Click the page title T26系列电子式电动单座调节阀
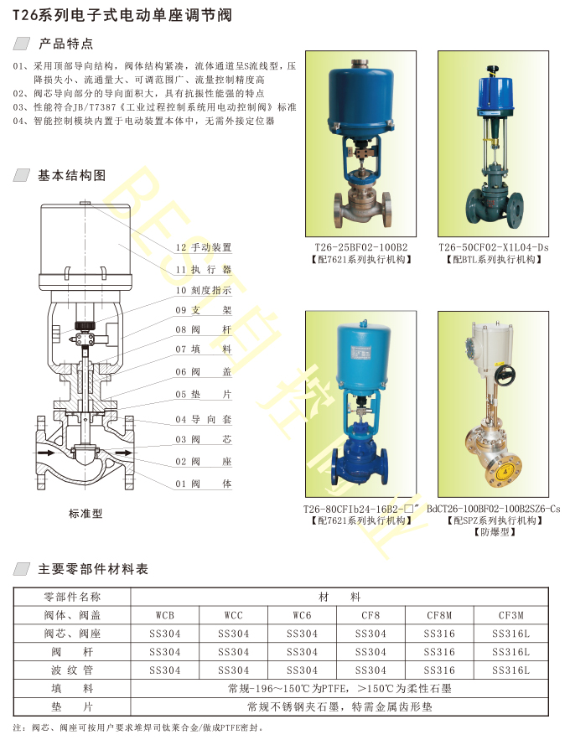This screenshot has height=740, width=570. (x=122, y=16)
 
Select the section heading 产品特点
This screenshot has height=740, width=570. (x=66, y=44)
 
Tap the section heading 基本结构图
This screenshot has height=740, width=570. (x=72, y=175)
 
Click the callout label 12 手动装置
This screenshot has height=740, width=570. (x=204, y=247)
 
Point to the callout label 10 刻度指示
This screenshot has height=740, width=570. (x=204, y=290)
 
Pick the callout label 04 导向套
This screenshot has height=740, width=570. (x=204, y=419)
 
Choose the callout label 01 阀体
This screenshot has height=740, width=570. (x=204, y=484)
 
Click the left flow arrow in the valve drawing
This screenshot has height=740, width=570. (x=46, y=453)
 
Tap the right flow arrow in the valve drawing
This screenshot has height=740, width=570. (x=124, y=453)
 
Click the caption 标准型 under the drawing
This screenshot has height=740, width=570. (x=85, y=514)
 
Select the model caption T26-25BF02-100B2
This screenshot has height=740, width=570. (x=361, y=247)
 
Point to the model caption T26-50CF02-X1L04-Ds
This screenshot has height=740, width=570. (x=494, y=247)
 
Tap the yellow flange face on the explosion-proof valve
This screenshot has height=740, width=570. (x=504, y=470)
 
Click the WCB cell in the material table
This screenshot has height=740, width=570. (x=165, y=615)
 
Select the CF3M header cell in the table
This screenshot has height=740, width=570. (x=511, y=615)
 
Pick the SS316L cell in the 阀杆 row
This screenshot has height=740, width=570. (x=511, y=652)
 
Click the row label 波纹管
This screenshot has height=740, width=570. (x=72, y=670)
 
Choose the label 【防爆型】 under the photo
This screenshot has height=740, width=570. (x=494, y=532)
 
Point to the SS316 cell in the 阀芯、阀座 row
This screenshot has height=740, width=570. (x=439, y=634)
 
